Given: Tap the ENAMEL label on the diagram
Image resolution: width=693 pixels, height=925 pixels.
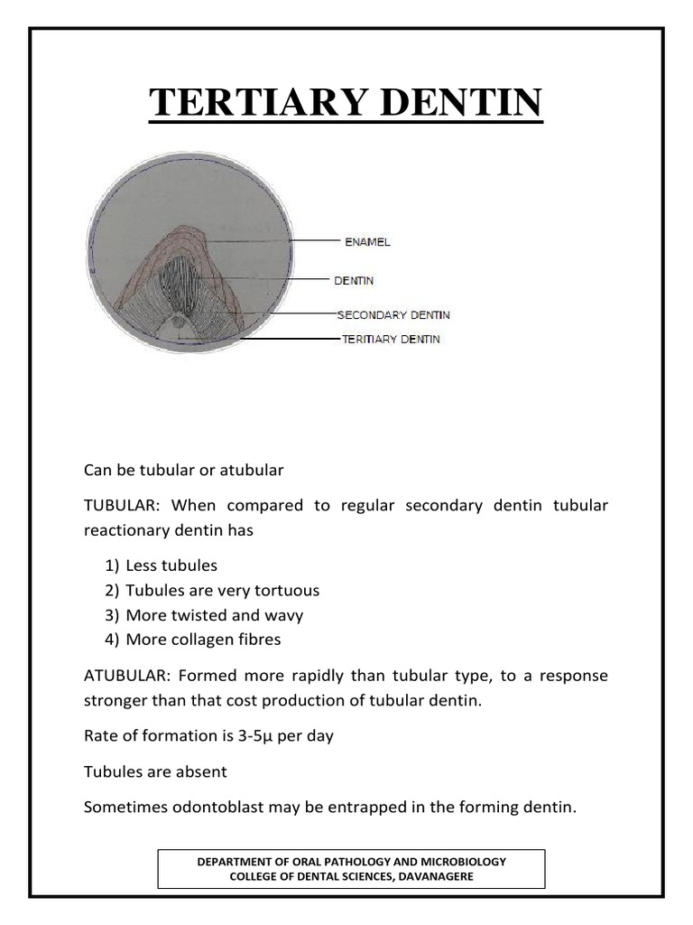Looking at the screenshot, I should coord(367,242).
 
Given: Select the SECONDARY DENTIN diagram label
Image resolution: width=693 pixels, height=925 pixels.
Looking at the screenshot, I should coord(393,315).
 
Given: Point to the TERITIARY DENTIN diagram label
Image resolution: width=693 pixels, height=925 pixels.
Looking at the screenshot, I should coord(391,340).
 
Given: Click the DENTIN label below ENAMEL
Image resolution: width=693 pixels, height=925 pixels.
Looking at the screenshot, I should coord(355,281).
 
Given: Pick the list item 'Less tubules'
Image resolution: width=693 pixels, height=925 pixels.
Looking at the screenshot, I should coord(171,565).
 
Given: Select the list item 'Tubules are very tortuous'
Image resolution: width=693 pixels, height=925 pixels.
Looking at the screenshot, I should coord(222,591).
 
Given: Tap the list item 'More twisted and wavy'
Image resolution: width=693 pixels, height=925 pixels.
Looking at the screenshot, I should coord(214,615).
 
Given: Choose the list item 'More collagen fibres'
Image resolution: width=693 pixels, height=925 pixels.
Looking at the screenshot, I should coord(203,640).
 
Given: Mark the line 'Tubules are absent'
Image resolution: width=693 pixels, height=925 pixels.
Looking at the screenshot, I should coord(155,771).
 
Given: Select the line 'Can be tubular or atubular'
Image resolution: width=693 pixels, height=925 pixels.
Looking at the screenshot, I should coord(184,470).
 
